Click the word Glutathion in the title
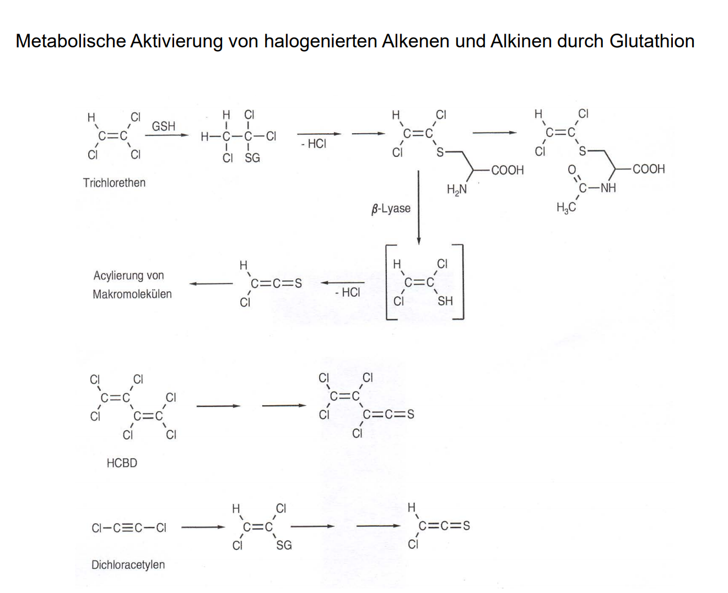click(x=652, y=41)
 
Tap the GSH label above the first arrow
click(x=164, y=126)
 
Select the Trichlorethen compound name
click(x=114, y=183)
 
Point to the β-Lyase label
click(x=391, y=209)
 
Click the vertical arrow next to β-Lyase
click(x=419, y=207)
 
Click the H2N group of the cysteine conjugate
click(x=456, y=190)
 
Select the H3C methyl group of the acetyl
click(x=566, y=208)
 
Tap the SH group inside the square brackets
click(x=445, y=301)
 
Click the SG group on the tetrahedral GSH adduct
click(x=252, y=158)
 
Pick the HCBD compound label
click(x=122, y=463)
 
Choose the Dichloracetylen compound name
click(x=128, y=564)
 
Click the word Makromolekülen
click(x=132, y=294)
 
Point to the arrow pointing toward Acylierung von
click(x=211, y=284)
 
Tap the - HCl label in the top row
click(x=314, y=144)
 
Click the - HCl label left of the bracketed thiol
click(x=347, y=292)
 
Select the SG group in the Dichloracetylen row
click(x=284, y=545)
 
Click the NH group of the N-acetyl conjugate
click(x=608, y=188)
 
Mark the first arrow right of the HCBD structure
click(x=218, y=406)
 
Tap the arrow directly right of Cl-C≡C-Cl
click(x=203, y=527)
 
